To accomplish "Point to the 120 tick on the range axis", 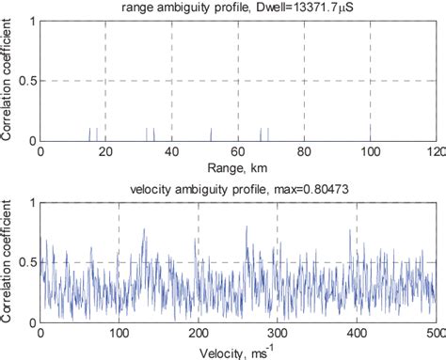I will (436, 151).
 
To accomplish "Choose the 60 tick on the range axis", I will (238, 151).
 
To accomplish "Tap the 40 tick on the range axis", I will (171, 151).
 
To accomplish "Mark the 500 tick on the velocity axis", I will (436, 333).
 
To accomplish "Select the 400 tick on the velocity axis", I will (357, 333).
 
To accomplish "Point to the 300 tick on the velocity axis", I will (278, 333).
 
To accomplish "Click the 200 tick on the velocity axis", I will (198, 333).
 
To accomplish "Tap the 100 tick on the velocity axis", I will (119, 333).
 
